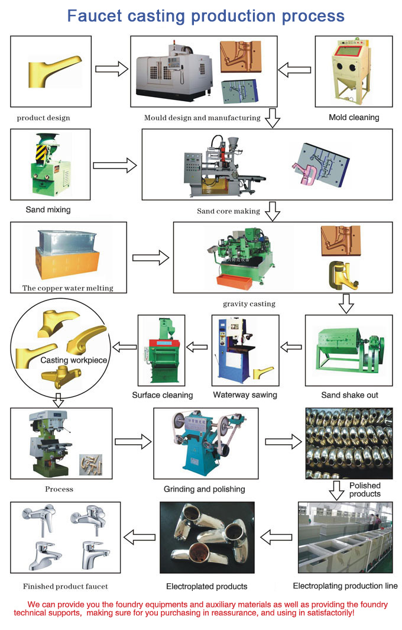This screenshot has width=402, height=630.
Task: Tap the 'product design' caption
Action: click(x=43, y=118)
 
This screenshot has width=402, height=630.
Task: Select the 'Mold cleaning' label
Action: click(x=354, y=117)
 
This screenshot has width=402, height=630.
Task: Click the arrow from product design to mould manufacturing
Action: click(x=112, y=69)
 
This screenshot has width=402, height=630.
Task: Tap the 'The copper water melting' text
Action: click(x=67, y=288)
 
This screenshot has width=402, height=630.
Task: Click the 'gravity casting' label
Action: click(x=249, y=304)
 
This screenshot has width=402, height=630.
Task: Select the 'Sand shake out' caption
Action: click(x=349, y=395)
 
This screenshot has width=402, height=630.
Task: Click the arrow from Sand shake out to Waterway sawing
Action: click(x=293, y=347)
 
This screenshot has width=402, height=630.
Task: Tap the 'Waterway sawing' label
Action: click(x=245, y=395)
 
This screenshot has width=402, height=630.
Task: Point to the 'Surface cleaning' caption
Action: click(x=162, y=395)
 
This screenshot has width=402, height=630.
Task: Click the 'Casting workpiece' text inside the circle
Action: click(x=74, y=360)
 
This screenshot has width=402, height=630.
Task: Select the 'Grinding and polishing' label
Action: click(x=204, y=489)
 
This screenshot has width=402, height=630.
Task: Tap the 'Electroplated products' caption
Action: click(x=206, y=586)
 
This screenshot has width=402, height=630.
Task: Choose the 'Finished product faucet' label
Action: click(x=65, y=586)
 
